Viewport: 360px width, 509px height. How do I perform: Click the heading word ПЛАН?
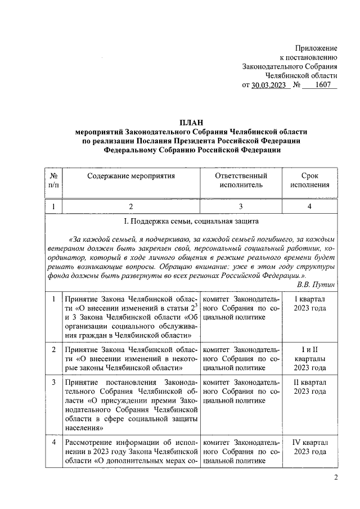tap(191, 121)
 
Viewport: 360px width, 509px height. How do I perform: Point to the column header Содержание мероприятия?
tap(131, 176)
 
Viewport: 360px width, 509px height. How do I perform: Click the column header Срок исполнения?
tap(310, 180)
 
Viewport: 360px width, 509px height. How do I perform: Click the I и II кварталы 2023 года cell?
tap(310, 359)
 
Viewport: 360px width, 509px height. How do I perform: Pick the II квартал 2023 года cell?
tap(310, 386)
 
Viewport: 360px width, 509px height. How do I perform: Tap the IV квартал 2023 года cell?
tap(310, 447)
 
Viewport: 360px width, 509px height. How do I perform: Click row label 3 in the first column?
tap(53, 382)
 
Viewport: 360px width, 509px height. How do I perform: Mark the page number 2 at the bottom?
tap(335, 479)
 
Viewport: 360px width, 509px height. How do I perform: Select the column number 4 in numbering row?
tap(310, 206)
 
